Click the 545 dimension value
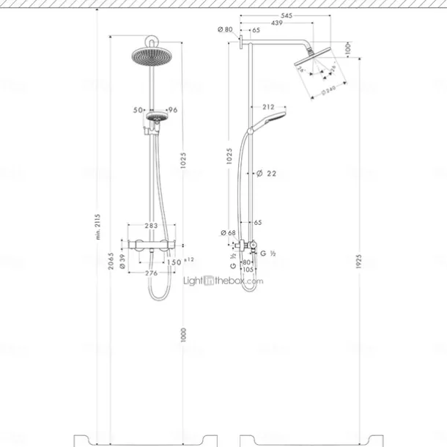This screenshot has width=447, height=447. (x=287, y=15)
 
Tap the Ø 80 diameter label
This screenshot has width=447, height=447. (x=225, y=29)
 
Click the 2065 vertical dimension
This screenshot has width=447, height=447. (x=111, y=260)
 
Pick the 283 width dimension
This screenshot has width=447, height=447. (x=152, y=226)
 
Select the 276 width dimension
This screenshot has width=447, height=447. (x=152, y=273)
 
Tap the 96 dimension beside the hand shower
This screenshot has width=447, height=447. (x=173, y=109)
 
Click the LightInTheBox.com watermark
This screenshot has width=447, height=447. (x=223, y=280)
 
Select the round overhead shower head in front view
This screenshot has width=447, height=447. (x=152, y=56)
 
